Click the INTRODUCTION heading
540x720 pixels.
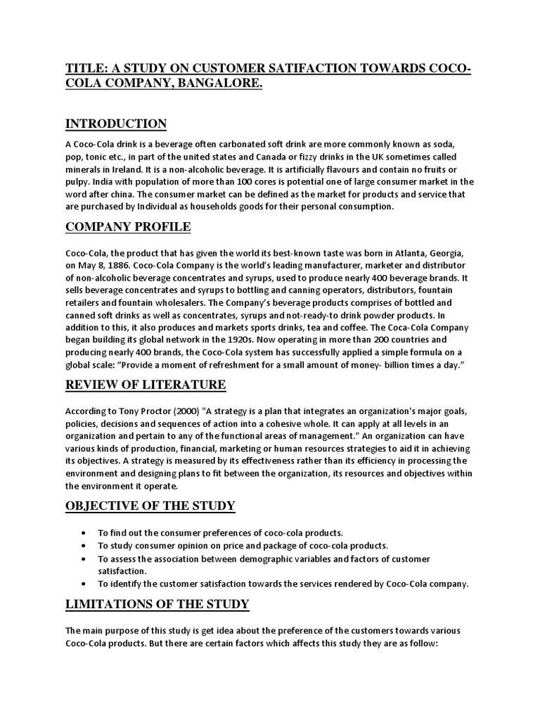click(116, 124)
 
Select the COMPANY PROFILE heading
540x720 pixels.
click(127, 228)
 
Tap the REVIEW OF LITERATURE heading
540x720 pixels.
click(146, 385)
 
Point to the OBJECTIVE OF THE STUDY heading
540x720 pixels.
click(150, 506)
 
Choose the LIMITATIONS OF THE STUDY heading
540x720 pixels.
click(157, 605)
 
